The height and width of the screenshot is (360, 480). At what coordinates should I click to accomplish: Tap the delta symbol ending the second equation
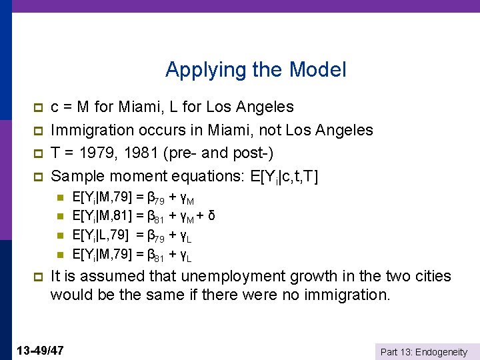point(211,216)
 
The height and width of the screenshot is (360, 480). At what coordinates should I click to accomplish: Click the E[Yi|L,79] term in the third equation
point(101,235)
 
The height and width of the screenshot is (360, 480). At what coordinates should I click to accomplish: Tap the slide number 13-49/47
point(39,350)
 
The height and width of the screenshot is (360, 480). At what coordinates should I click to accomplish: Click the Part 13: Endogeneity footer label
point(423,352)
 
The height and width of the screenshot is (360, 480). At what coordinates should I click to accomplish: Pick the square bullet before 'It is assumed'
point(37,277)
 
